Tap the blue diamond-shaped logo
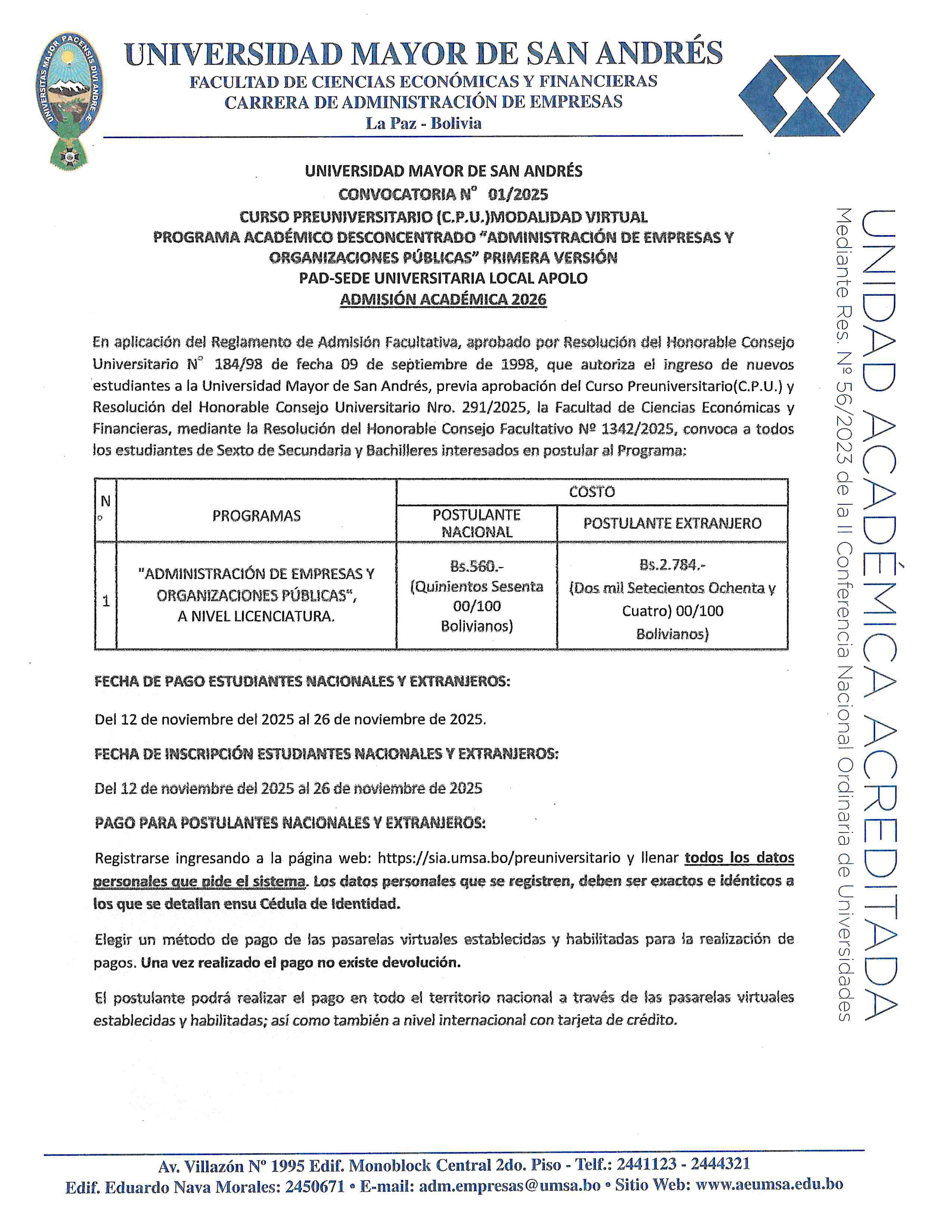tap(806, 95)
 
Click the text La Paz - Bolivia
tap(424, 124)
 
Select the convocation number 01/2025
tap(518, 195)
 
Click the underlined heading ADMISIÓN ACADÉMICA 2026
tap(443, 299)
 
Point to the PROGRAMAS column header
tap(256, 516)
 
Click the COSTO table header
tap(592, 492)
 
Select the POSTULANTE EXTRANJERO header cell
tap(672, 523)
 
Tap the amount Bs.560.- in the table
tap(477, 566)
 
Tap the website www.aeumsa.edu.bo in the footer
tap(769, 1184)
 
